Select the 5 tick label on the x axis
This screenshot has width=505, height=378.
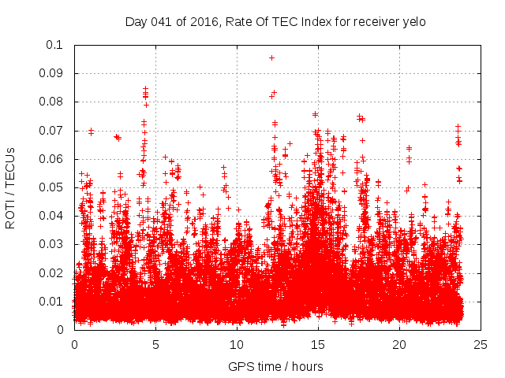pyautogui.click(x=155, y=345)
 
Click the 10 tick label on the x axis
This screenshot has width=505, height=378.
pyautogui.click(x=237, y=345)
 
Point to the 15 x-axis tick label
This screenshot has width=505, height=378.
pyautogui.click(x=318, y=345)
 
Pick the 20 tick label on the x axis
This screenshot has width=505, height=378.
pyautogui.click(x=399, y=345)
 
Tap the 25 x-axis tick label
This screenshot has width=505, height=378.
pyautogui.click(x=481, y=345)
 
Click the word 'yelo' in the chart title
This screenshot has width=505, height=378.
pyautogui.click(x=413, y=21)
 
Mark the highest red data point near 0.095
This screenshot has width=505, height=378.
pyautogui.click(x=271, y=57)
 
